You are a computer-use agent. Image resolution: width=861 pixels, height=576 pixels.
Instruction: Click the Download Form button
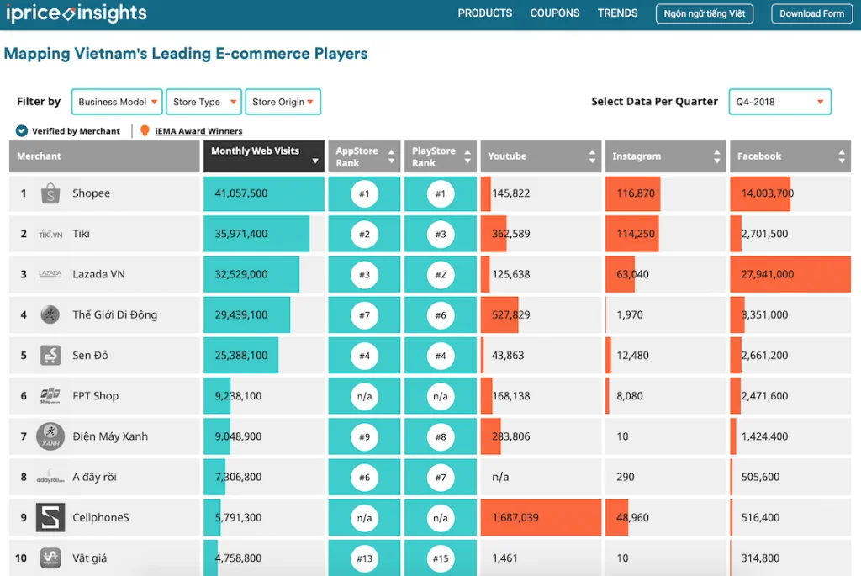[811, 13]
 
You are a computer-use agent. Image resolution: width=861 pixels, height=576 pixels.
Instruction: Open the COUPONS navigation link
[554, 13]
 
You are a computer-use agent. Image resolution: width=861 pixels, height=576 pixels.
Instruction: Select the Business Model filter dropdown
[117, 102]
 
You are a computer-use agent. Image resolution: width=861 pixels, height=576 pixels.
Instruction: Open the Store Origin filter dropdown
[283, 102]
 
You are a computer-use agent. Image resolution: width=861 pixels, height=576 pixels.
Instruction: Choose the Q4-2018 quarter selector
[779, 102]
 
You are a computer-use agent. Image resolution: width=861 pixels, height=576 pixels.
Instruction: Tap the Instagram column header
[664, 156]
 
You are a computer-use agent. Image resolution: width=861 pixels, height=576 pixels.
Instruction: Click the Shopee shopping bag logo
[50, 193]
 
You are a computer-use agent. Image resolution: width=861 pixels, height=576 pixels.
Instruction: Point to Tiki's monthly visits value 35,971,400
[241, 234]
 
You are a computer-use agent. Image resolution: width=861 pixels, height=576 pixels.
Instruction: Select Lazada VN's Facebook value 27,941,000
[767, 274]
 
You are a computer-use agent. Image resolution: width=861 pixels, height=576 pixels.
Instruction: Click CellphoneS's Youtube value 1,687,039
[515, 518]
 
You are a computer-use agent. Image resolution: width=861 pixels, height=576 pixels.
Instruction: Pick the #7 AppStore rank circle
[364, 315]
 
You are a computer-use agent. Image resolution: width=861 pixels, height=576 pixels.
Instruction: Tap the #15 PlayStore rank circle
[441, 558]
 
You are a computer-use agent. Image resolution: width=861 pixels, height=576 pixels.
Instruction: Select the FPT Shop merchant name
[95, 396]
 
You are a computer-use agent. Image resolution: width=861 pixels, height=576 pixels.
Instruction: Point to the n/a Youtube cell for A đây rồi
[500, 478]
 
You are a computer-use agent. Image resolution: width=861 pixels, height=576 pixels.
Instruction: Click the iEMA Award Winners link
[198, 131]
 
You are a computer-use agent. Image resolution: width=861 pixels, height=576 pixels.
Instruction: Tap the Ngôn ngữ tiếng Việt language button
[705, 13]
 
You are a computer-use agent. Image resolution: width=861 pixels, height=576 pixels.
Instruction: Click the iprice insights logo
[76, 13]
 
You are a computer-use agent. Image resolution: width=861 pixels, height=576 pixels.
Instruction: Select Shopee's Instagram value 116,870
[636, 193]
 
